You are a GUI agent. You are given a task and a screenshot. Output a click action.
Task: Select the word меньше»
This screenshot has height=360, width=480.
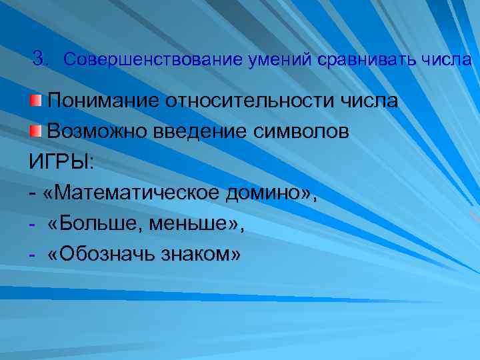click(197, 224)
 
